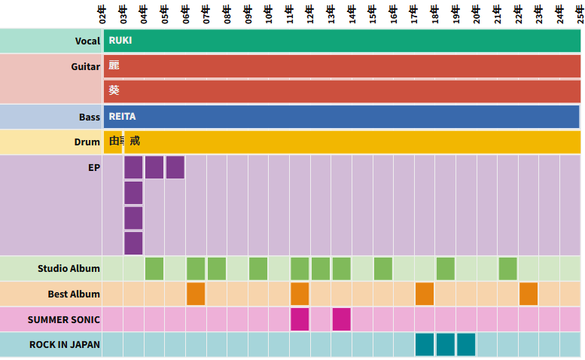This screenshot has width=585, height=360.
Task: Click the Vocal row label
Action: click(87, 41)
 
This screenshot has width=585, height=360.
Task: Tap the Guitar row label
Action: click(85, 66)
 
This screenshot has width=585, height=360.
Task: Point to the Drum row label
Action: click(87, 142)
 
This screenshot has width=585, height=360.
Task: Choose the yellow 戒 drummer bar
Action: click(354, 142)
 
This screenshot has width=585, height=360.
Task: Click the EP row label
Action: click(93, 167)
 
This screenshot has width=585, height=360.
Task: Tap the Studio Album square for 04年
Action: click(154, 268)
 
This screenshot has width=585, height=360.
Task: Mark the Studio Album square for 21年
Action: click(507, 268)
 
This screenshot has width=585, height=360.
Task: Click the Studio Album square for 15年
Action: click(382, 268)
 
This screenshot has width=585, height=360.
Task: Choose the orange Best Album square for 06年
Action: click(196, 294)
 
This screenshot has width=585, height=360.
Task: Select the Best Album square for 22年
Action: click(529, 294)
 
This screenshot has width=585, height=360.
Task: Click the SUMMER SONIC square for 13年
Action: click(341, 319)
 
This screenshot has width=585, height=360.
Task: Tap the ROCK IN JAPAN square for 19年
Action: click(466, 344)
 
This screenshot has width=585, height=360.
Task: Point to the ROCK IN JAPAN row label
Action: click(64, 344)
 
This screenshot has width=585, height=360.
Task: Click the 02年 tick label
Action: click(103, 13)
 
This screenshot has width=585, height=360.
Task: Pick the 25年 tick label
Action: click(580, 13)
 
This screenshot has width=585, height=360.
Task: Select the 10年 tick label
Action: click(269, 13)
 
